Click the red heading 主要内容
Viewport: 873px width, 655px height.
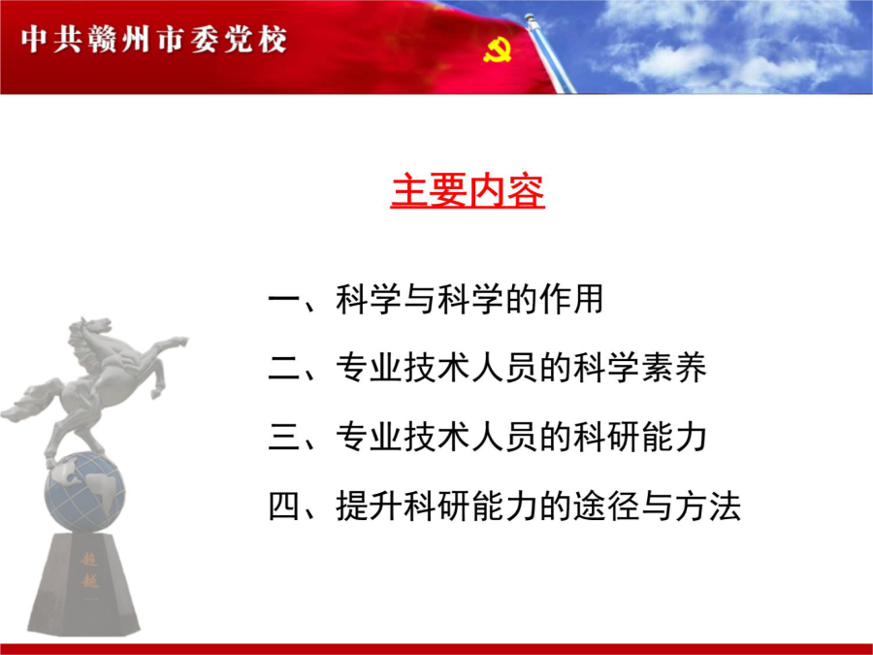point(468,191)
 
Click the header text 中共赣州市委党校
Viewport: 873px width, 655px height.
point(154,40)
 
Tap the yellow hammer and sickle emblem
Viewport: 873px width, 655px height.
point(498,50)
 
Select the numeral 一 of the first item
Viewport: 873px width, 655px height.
point(284,300)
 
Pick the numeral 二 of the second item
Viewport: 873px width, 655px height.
point(284,368)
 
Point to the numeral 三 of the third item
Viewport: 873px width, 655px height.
point(284,437)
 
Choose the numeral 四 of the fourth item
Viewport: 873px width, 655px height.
point(284,506)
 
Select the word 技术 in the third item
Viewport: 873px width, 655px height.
point(437,437)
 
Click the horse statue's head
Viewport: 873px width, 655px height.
point(91,330)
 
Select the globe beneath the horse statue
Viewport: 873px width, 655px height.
point(84,491)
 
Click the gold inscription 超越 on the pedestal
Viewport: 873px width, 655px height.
point(89,570)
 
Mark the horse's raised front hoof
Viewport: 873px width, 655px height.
point(179,341)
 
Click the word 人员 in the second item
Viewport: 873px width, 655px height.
point(505,368)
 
